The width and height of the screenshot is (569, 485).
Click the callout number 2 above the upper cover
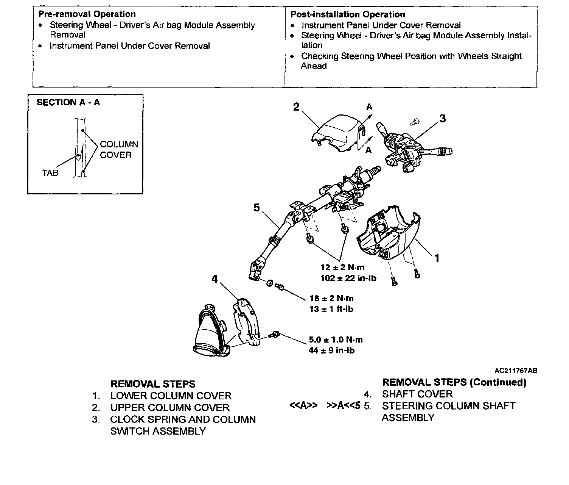(296, 107)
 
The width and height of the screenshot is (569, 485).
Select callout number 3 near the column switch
(442, 119)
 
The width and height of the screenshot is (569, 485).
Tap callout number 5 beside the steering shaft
(257, 208)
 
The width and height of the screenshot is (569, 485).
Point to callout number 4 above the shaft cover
(215, 279)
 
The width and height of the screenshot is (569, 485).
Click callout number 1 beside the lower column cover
(437, 258)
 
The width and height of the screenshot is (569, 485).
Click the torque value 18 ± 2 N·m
(331, 299)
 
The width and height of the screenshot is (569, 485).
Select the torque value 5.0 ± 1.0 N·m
(336, 340)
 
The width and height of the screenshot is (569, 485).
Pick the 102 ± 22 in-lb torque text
(348, 278)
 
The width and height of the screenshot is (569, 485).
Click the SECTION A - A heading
(68, 103)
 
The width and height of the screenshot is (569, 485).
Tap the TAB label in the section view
(50, 173)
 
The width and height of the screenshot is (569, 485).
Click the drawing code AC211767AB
(516, 371)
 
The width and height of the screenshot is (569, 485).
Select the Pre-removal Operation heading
(87, 14)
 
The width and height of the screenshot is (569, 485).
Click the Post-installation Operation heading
(348, 15)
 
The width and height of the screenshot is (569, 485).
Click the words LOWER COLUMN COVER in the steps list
(171, 396)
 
